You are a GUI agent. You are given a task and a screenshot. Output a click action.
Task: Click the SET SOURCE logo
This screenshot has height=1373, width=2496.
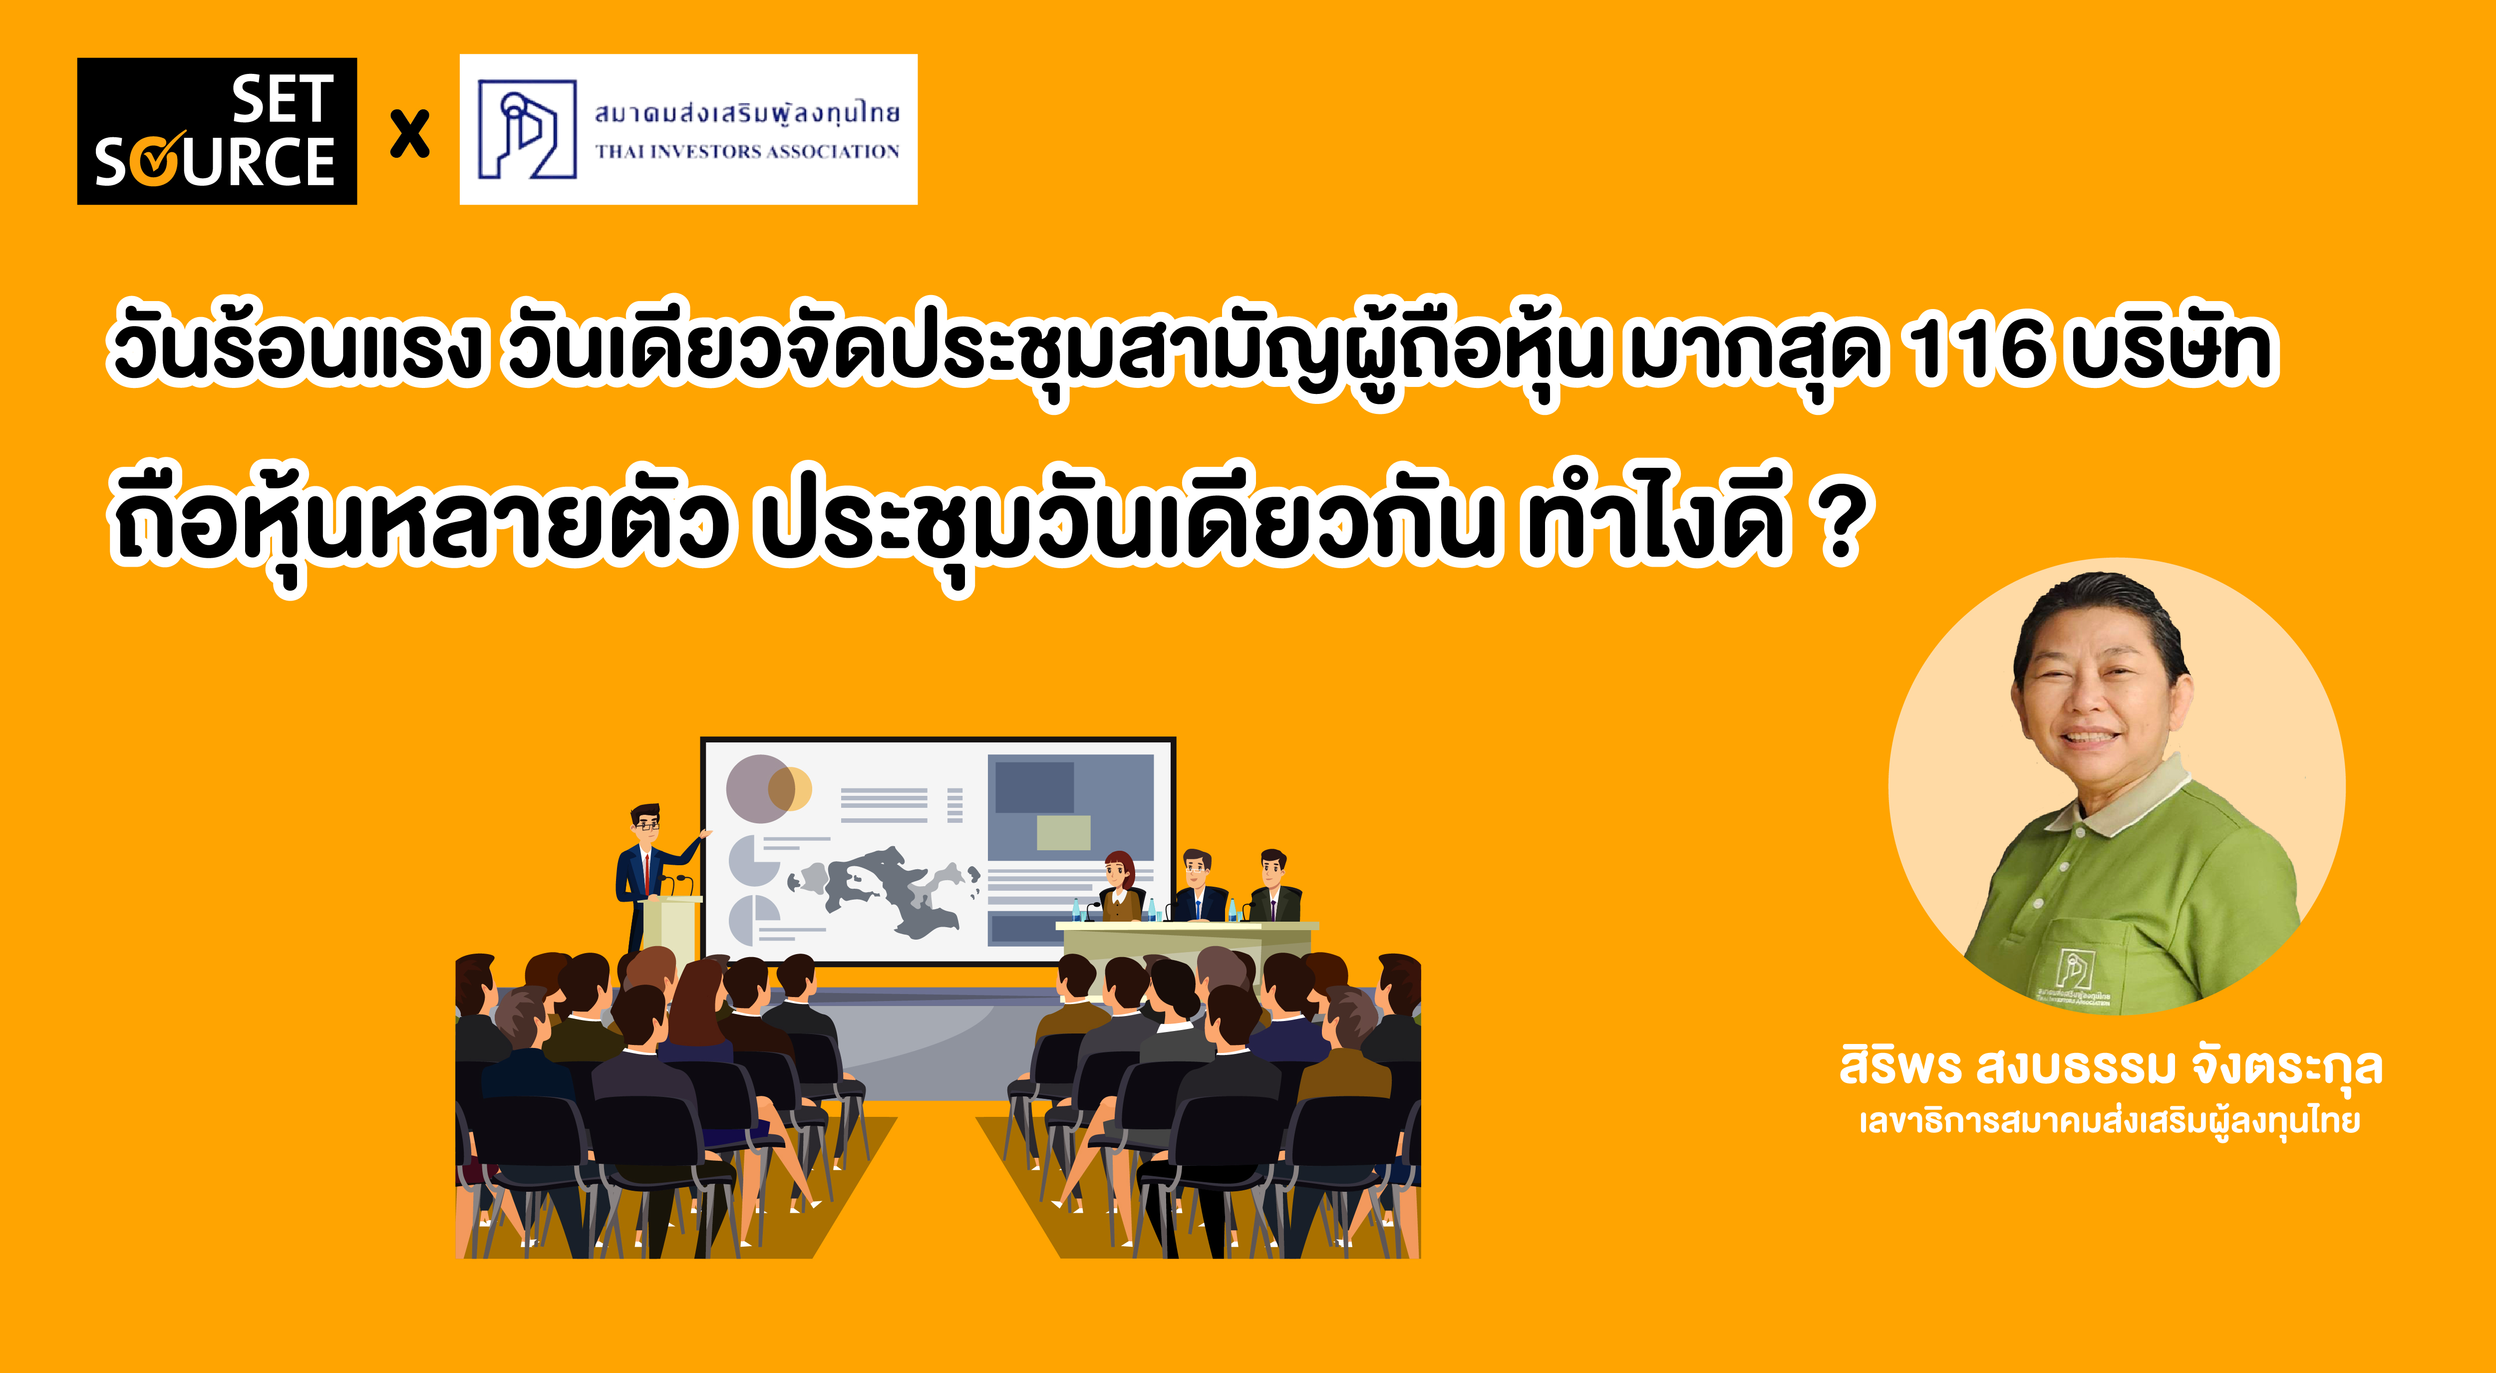(217, 131)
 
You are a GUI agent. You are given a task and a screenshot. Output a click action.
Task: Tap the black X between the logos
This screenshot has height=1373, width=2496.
(410, 134)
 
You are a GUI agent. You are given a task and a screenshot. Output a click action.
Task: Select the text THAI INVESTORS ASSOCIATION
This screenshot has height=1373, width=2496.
(747, 151)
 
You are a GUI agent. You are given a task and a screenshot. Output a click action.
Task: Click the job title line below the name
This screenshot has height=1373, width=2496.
(2110, 1121)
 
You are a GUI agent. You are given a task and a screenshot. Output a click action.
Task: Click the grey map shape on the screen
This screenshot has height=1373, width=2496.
(884, 890)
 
